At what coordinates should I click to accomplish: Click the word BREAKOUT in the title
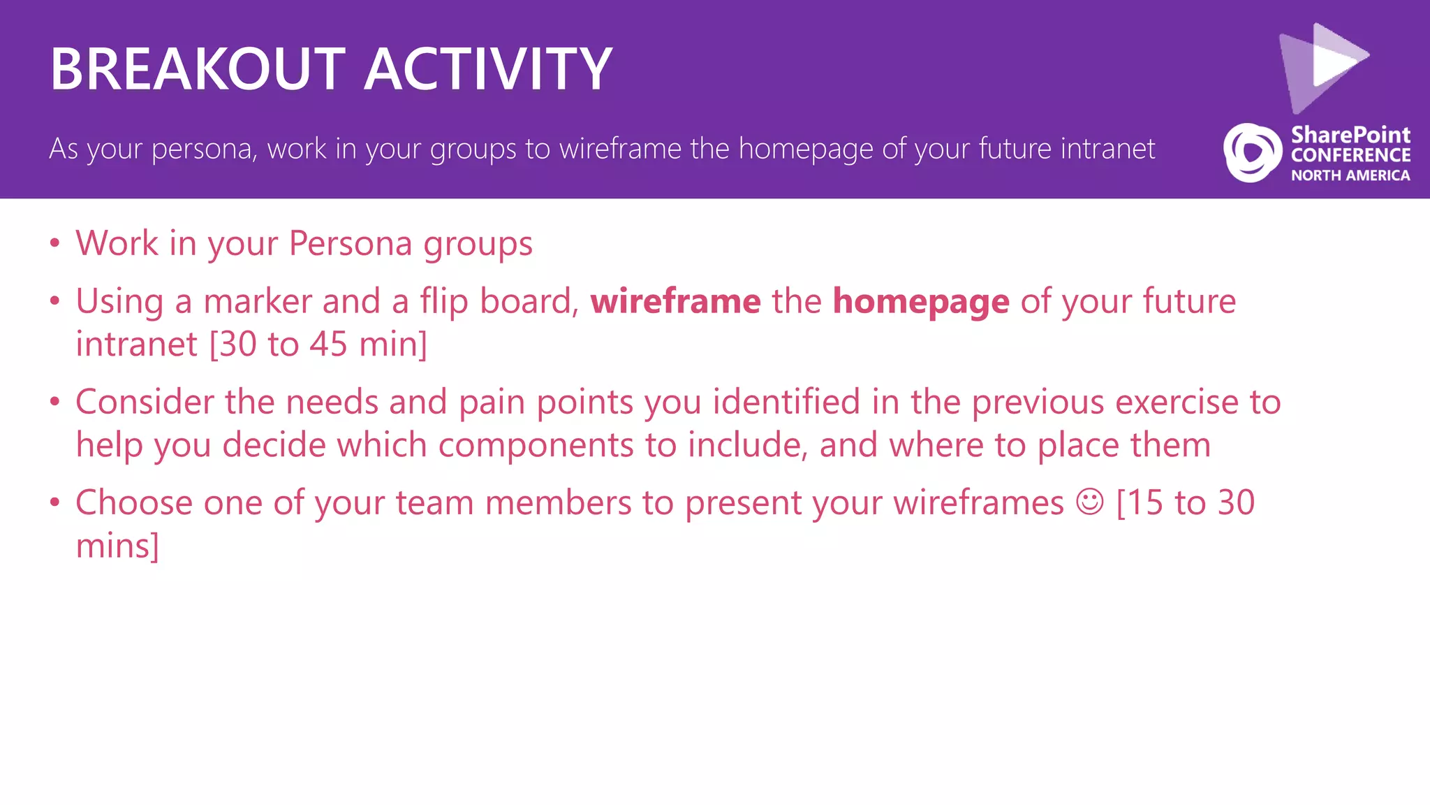(x=198, y=69)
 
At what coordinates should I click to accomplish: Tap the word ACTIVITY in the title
(x=488, y=69)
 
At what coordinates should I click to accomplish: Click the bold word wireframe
(x=675, y=302)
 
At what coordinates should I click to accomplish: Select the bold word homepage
(x=921, y=302)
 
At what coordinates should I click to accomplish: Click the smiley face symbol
(x=1089, y=502)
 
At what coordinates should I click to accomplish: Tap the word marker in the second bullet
(x=258, y=302)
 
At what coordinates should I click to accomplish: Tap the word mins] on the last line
(x=117, y=546)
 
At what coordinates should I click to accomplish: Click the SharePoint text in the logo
(x=1350, y=134)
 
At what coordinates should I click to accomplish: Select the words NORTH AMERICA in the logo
(x=1350, y=175)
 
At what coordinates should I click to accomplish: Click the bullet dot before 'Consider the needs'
(x=55, y=402)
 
